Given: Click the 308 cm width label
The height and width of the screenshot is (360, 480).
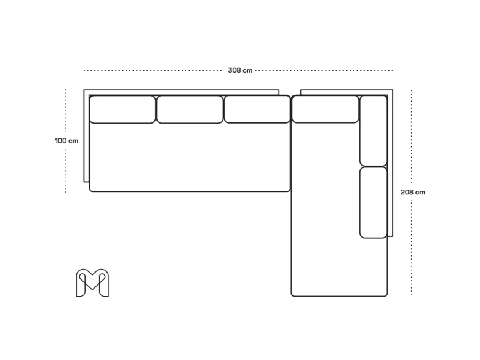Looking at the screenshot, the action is pos(240,70).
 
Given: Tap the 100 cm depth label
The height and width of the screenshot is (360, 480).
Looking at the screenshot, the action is pos(66,141).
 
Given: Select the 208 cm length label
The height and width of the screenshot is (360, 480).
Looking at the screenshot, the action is pos(413,192).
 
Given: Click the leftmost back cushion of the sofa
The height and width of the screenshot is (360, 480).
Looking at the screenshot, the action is pos(122,110).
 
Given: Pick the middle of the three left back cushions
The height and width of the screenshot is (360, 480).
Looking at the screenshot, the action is pos(190,110).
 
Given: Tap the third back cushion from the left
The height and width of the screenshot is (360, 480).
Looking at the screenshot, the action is pos(257,110).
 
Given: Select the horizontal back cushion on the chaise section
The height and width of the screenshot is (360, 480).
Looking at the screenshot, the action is pos(325,110).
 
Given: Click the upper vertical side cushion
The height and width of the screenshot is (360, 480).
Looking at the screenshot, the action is pos(374,131).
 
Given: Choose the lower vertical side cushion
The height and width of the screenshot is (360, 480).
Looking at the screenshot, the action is pos(374,202).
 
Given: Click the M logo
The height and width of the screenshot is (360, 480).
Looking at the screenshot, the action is pos(92,283).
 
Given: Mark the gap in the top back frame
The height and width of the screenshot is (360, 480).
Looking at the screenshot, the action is pos(290,92).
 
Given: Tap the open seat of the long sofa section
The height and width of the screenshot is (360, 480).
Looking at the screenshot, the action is pos(190,158).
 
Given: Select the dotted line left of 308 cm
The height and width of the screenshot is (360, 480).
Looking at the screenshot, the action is pos(153,70).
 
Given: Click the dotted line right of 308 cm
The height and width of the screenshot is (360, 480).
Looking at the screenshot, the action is pos(324,70).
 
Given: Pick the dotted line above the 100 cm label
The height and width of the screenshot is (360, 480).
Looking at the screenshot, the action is pos(65,112).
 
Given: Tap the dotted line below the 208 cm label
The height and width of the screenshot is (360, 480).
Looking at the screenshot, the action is pos(412,247).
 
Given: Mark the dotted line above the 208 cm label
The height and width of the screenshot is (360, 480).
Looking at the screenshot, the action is pos(412,138).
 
